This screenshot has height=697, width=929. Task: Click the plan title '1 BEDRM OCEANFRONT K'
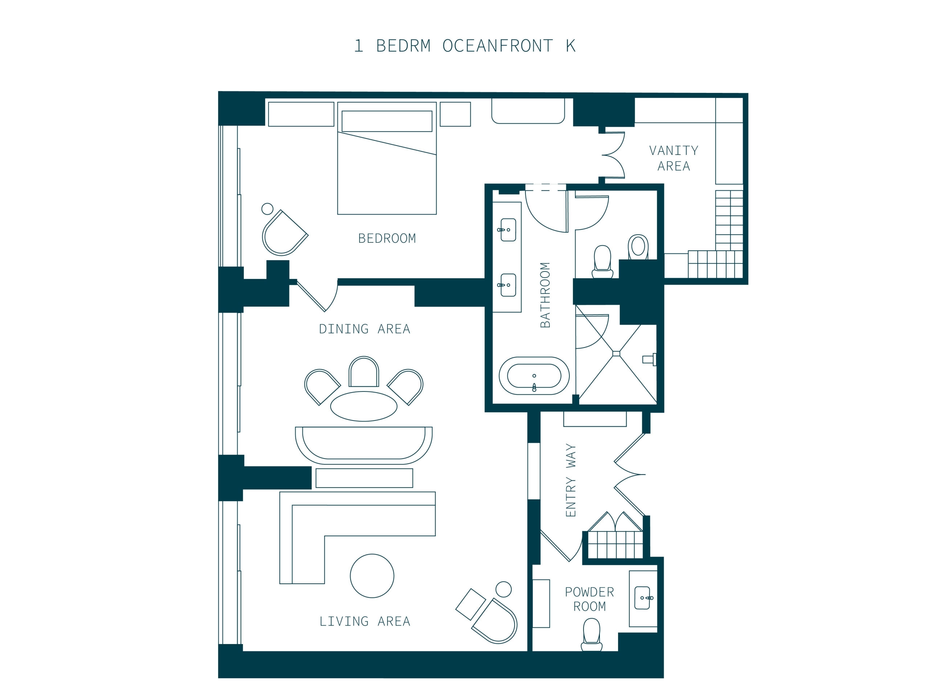[x=464, y=46]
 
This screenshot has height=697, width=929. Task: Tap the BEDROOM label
[x=387, y=238]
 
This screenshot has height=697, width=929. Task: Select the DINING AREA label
[x=365, y=329]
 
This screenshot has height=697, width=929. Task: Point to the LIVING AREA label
[x=365, y=621]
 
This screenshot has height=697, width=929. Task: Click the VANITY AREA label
[x=674, y=158]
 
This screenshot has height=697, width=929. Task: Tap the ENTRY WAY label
[x=570, y=480]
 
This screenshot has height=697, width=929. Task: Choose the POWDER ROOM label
[x=589, y=599]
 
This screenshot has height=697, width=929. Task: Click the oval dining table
[x=364, y=406]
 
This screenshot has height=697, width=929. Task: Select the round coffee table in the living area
[x=372, y=576]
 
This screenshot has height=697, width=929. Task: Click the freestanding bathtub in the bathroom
[x=534, y=376]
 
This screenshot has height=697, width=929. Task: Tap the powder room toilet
[x=592, y=635]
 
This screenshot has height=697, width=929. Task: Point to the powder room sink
[x=643, y=598]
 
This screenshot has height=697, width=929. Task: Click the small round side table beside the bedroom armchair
[x=267, y=209]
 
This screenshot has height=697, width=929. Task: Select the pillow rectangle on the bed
[x=387, y=121]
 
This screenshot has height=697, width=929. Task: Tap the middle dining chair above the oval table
[x=364, y=372]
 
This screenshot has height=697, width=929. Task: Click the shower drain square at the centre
[x=616, y=353]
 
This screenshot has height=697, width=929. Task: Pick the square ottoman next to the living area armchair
[x=470, y=604]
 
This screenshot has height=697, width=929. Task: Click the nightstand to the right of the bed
[x=455, y=114]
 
